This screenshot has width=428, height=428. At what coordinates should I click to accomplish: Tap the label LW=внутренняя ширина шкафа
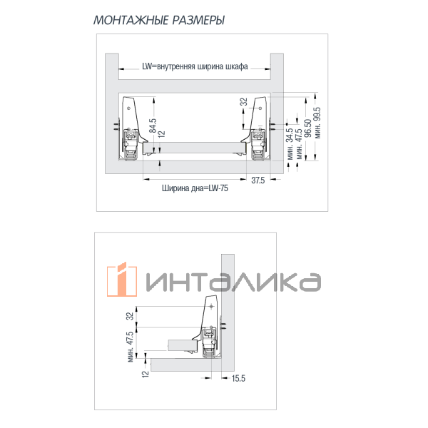(195, 68)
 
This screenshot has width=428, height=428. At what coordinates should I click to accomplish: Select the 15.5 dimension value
(238, 378)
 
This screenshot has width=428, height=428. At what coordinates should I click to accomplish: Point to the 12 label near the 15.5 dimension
(145, 374)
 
